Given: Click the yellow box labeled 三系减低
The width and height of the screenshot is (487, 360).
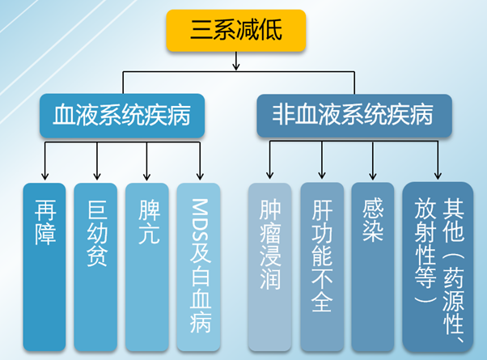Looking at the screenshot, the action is point(236,31).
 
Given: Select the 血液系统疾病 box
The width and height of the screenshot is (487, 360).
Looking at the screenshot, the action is point(122,116).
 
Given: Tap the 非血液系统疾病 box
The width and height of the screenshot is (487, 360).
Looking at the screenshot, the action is point(354,116).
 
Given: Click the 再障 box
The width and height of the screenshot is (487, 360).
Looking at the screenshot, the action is point(44,267).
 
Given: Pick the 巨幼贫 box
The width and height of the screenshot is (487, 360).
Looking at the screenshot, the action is point(95,267).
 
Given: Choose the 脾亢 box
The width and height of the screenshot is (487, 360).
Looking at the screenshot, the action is point(147,267).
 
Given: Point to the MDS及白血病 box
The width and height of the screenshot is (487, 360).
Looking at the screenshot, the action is point(199,267).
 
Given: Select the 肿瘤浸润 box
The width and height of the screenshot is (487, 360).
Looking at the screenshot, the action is point(270,267).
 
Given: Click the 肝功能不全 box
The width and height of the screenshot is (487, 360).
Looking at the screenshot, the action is point(322,267).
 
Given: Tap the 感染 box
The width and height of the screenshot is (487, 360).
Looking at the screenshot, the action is point(373,267).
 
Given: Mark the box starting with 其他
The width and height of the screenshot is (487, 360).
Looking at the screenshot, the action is point(438,267).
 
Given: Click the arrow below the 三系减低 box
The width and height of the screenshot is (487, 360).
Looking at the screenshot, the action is point(236,61).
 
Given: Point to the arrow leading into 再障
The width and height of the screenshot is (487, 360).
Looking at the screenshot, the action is point(45,161).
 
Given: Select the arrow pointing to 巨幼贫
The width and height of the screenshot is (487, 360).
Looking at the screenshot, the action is point(97,161).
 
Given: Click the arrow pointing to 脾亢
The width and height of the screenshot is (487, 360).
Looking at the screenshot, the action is point(147,161).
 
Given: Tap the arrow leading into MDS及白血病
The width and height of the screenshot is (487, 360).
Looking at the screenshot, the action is point(200,161).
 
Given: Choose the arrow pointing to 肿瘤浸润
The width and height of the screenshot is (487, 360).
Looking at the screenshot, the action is point(270,160).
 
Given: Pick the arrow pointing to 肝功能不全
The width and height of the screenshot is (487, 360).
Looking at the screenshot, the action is point(322,160).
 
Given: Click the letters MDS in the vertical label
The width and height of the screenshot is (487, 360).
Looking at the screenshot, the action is point(199,218).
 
